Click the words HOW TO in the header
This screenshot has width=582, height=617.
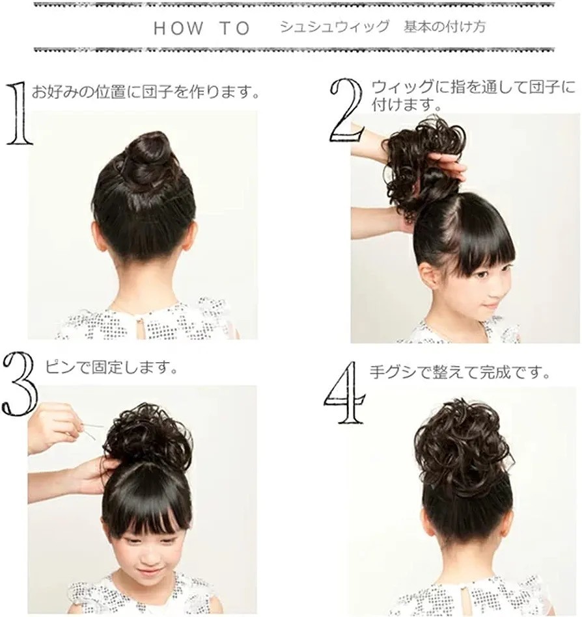202,29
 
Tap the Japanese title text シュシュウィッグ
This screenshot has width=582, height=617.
335,27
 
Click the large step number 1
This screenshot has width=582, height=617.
18,113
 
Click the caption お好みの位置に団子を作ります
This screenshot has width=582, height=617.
145,92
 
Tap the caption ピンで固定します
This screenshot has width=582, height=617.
110,368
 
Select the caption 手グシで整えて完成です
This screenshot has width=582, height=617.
460,373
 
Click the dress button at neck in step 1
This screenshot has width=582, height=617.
139,321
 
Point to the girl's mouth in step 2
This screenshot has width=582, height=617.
490,306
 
